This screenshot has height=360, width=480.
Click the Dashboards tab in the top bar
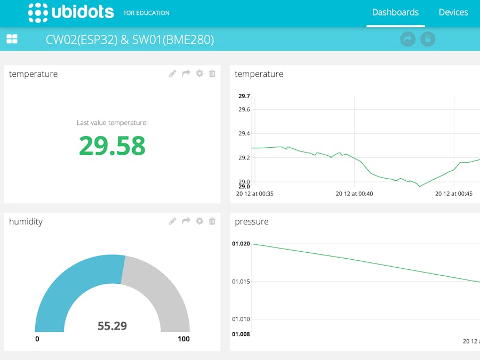click(395, 12)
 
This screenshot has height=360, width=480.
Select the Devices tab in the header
click(453, 12)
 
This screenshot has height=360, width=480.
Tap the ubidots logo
click(71, 12)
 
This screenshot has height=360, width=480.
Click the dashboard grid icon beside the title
click(12, 39)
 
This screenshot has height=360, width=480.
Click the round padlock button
click(428, 39)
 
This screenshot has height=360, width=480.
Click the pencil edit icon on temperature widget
click(172, 74)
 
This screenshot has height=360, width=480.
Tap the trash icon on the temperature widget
click(212, 74)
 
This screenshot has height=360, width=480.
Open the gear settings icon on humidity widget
click(199, 221)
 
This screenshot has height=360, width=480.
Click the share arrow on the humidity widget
click(186, 221)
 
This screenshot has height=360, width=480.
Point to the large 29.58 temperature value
click(112, 146)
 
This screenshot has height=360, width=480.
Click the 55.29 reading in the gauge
click(112, 325)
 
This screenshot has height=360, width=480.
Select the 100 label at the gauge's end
click(183, 339)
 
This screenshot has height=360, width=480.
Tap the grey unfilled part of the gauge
click(160, 288)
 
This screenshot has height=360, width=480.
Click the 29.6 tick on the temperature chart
click(244, 109)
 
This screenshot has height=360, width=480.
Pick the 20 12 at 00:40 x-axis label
click(354, 194)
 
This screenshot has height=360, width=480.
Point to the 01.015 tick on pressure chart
click(241, 281)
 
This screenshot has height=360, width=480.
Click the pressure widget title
click(252, 221)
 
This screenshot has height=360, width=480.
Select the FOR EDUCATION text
click(146, 13)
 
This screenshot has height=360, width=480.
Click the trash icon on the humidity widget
click(212, 221)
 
